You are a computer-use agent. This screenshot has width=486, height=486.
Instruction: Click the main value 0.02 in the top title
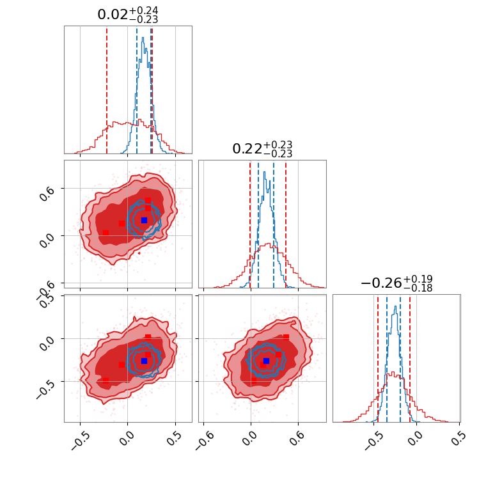point(112,15)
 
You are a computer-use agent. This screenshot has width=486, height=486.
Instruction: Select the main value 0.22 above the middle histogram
point(247,150)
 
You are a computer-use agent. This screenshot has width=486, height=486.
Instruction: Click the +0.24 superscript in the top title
point(144,11)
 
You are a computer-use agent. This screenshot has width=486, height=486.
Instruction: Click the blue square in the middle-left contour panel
point(144,220)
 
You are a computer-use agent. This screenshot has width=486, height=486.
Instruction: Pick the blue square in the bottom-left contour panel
point(144,361)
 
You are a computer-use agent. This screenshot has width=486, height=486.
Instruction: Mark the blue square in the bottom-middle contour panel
point(266,361)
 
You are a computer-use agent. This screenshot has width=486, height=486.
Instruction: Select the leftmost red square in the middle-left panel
point(106,233)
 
